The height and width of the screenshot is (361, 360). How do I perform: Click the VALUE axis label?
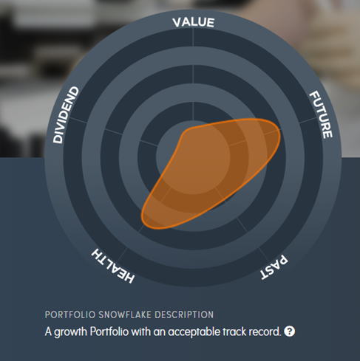click(194, 22)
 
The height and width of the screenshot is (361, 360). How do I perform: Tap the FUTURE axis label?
click(321, 114)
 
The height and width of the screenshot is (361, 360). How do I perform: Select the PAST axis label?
click(274, 267)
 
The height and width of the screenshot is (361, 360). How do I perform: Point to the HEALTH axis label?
click(113, 266)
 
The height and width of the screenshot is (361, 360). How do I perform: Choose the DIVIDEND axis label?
click(66, 114)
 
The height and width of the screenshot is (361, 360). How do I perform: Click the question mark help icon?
click(289, 331)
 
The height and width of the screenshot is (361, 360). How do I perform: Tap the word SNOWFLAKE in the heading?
click(125, 314)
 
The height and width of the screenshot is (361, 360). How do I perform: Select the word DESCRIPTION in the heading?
click(184, 314)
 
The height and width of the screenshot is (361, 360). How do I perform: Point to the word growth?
click(70, 332)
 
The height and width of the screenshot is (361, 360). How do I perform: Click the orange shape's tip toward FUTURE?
click(279, 131)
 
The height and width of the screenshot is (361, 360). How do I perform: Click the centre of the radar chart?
click(193, 157)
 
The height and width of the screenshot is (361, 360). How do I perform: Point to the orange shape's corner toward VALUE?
click(186, 131)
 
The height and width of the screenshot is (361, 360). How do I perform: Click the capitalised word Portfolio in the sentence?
click(109, 331)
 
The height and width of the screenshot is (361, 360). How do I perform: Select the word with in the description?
click(140, 331)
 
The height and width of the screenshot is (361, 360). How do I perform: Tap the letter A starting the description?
click(48, 331)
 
